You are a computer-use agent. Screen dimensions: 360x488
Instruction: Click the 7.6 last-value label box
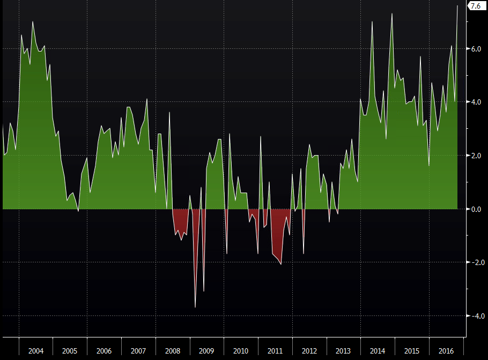coord(476,6)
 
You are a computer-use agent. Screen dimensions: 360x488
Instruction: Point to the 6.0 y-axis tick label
coord(476,49)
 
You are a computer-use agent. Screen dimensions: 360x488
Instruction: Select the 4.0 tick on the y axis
coord(476,102)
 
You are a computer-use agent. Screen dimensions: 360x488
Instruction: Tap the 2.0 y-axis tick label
coord(476,156)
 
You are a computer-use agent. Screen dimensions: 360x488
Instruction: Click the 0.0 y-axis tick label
coord(476,209)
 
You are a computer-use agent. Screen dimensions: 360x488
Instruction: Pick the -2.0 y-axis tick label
coord(475,262)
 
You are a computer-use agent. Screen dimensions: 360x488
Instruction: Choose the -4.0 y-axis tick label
coord(475,316)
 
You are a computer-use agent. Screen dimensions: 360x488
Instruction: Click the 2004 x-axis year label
coord(36,351)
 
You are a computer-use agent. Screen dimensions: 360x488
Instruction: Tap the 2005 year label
coord(70,351)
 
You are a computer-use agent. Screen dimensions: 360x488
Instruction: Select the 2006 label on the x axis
coord(104,351)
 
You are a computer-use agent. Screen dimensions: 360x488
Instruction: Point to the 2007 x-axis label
coord(138,351)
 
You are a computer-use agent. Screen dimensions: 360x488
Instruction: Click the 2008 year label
coord(173,351)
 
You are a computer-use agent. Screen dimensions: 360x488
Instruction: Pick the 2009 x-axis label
coord(206,351)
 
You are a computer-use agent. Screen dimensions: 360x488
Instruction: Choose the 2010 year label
coord(241,351)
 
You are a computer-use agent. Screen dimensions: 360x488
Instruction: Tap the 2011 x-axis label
coord(275,351)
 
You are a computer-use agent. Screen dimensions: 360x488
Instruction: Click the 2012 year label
coord(309,351)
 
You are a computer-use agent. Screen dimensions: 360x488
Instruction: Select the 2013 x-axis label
coord(343,351)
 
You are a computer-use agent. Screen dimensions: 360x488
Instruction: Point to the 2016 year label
coord(446,351)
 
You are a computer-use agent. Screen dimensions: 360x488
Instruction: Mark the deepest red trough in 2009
coord(195,307)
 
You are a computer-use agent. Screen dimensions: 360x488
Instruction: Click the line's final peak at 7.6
coord(457,6)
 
